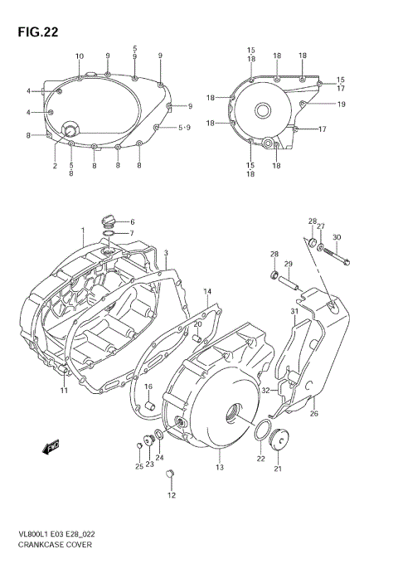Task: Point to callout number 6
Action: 131,221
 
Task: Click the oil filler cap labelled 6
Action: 106,221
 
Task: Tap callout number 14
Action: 207,292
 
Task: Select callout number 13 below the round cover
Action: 220,468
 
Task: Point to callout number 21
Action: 278,469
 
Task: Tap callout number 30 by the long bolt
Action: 336,238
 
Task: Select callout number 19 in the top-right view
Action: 341,104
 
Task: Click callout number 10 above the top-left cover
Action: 80,56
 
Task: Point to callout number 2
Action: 55,166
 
